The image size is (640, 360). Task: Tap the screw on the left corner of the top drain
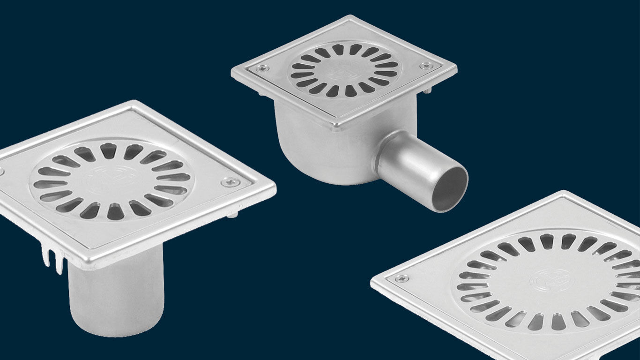click(x=260, y=68)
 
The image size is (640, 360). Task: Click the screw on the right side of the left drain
click(x=230, y=181)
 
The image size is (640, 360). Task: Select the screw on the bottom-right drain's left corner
click(x=401, y=278)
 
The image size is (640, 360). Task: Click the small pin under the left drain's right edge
click(x=233, y=215)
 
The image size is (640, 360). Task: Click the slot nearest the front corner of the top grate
click(x=346, y=92)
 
